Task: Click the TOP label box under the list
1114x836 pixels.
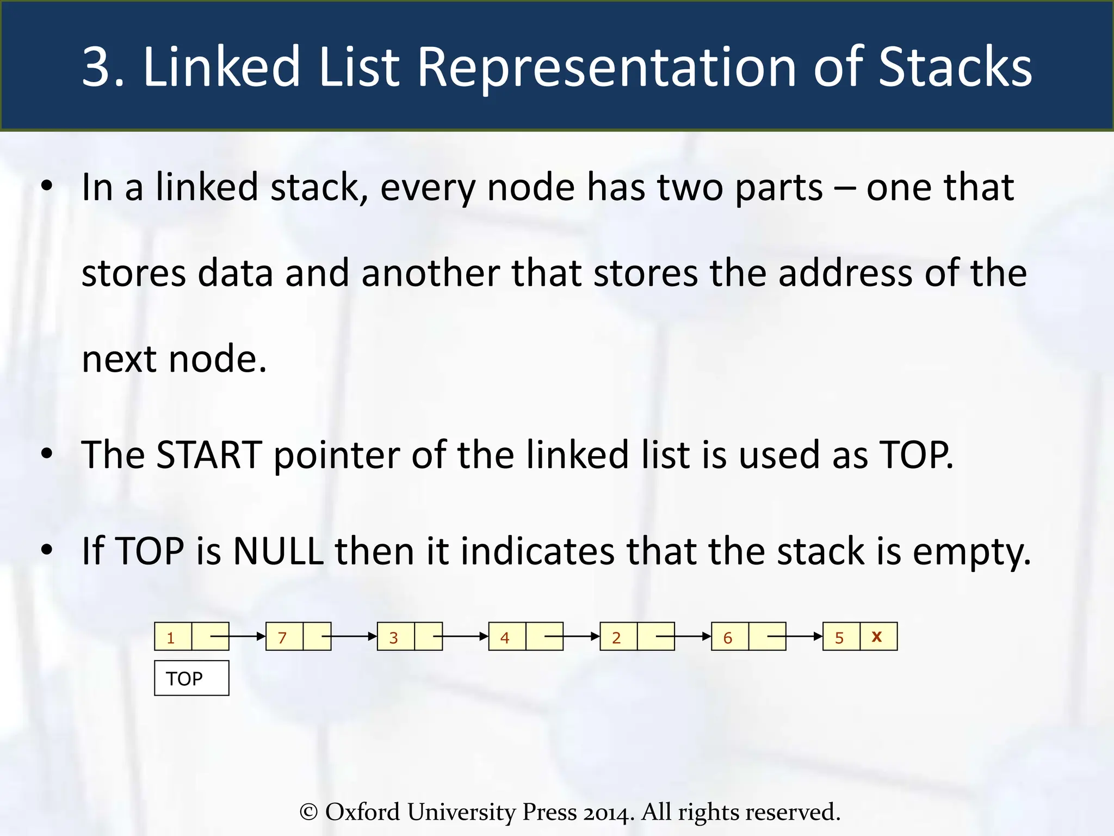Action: tap(191, 678)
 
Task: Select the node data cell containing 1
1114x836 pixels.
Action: tap(172, 637)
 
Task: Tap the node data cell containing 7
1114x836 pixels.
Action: tap(284, 637)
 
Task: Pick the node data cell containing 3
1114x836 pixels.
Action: tap(395, 637)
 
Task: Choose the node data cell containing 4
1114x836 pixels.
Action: tap(506, 637)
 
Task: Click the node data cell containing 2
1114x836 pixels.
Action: tap(618, 637)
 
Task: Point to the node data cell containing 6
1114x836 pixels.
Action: tap(729, 637)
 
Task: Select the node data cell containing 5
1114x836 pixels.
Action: tap(841, 637)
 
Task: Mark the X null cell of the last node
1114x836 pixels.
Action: tap(878, 637)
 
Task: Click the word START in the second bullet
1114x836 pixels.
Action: tap(209, 455)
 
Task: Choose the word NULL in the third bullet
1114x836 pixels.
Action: tap(278, 551)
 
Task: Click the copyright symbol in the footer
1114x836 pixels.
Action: tap(308, 812)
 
